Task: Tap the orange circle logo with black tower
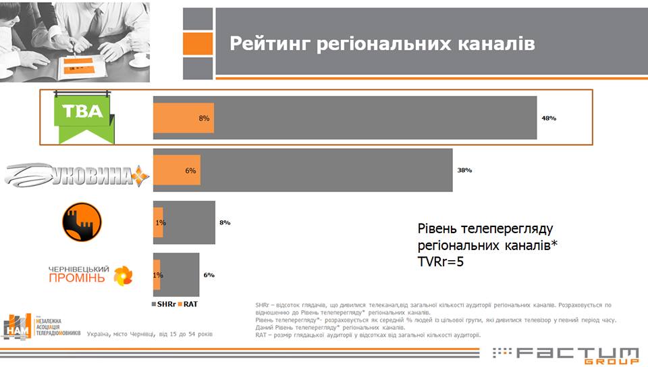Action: [x=82, y=222]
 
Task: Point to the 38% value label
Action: [x=464, y=170]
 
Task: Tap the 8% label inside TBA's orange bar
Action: [x=204, y=118]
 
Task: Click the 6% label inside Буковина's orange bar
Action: [x=190, y=170]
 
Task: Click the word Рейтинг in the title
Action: [x=269, y=43]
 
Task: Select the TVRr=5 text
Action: [x=442, y=259]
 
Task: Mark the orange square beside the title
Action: [x=198, y=43]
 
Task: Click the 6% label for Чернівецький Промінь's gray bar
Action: [x=209, y=275]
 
